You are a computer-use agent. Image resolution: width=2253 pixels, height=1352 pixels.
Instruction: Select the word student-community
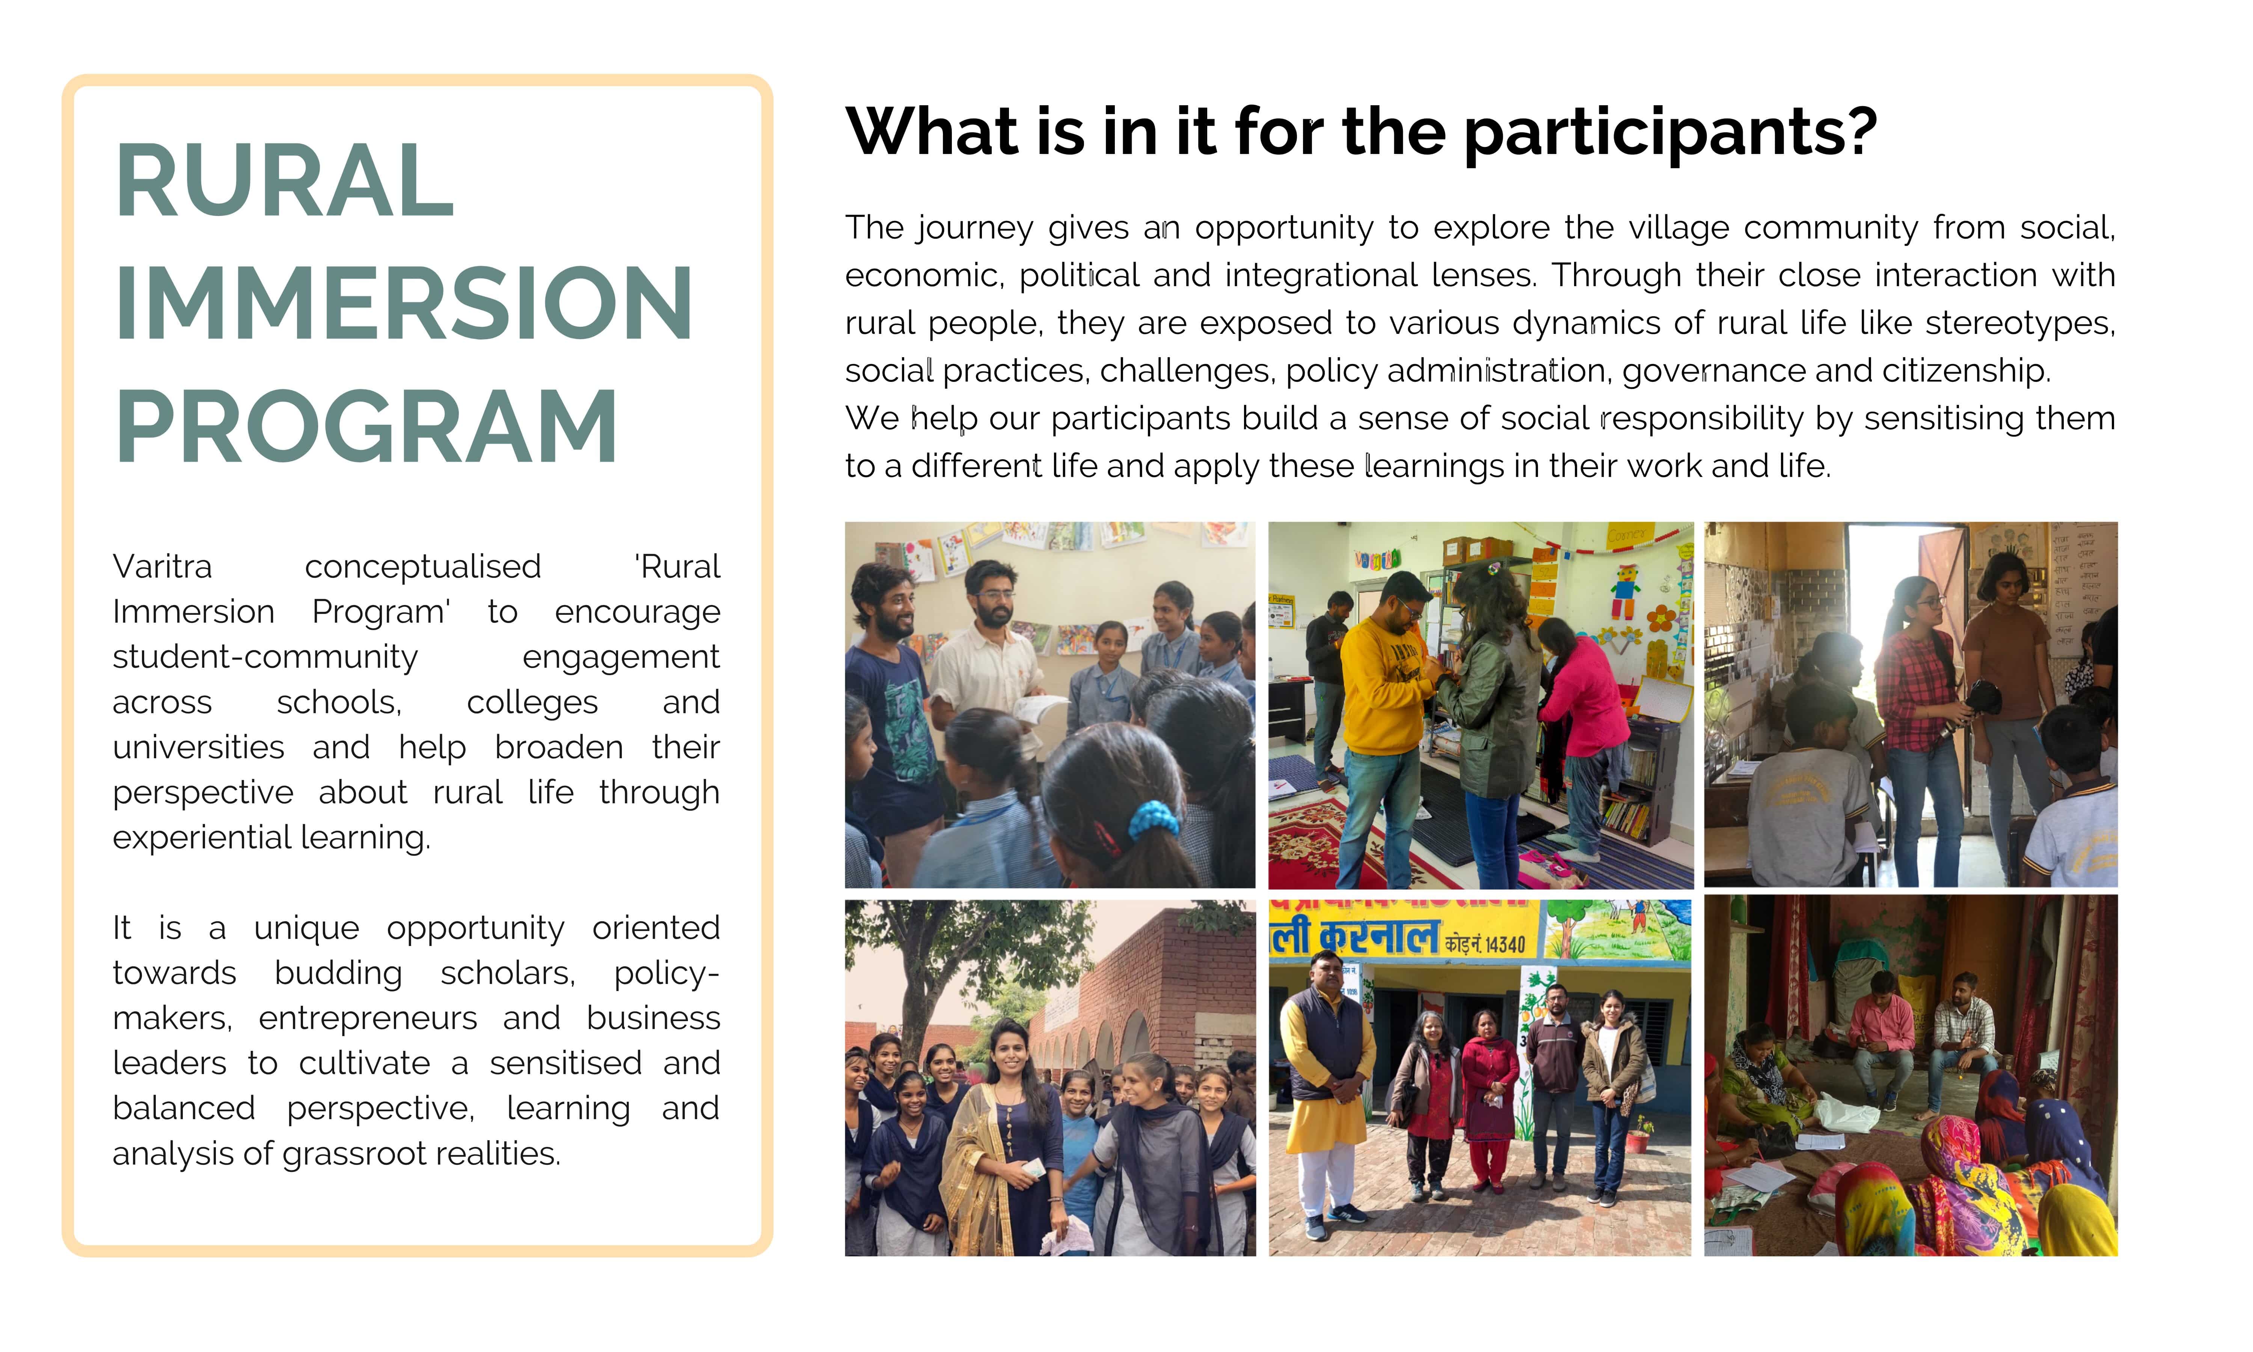pyautogui.click(x=265, y=657)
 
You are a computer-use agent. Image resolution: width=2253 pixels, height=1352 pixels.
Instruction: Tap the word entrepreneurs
pyautogui.click(x=368, y=1018)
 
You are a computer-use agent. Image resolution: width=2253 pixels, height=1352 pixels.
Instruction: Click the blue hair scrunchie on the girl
pyautogui.click(x=1154, y=820)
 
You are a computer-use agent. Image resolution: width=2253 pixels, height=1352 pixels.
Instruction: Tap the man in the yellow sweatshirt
pyautogui.click(x=1380, y=720)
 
